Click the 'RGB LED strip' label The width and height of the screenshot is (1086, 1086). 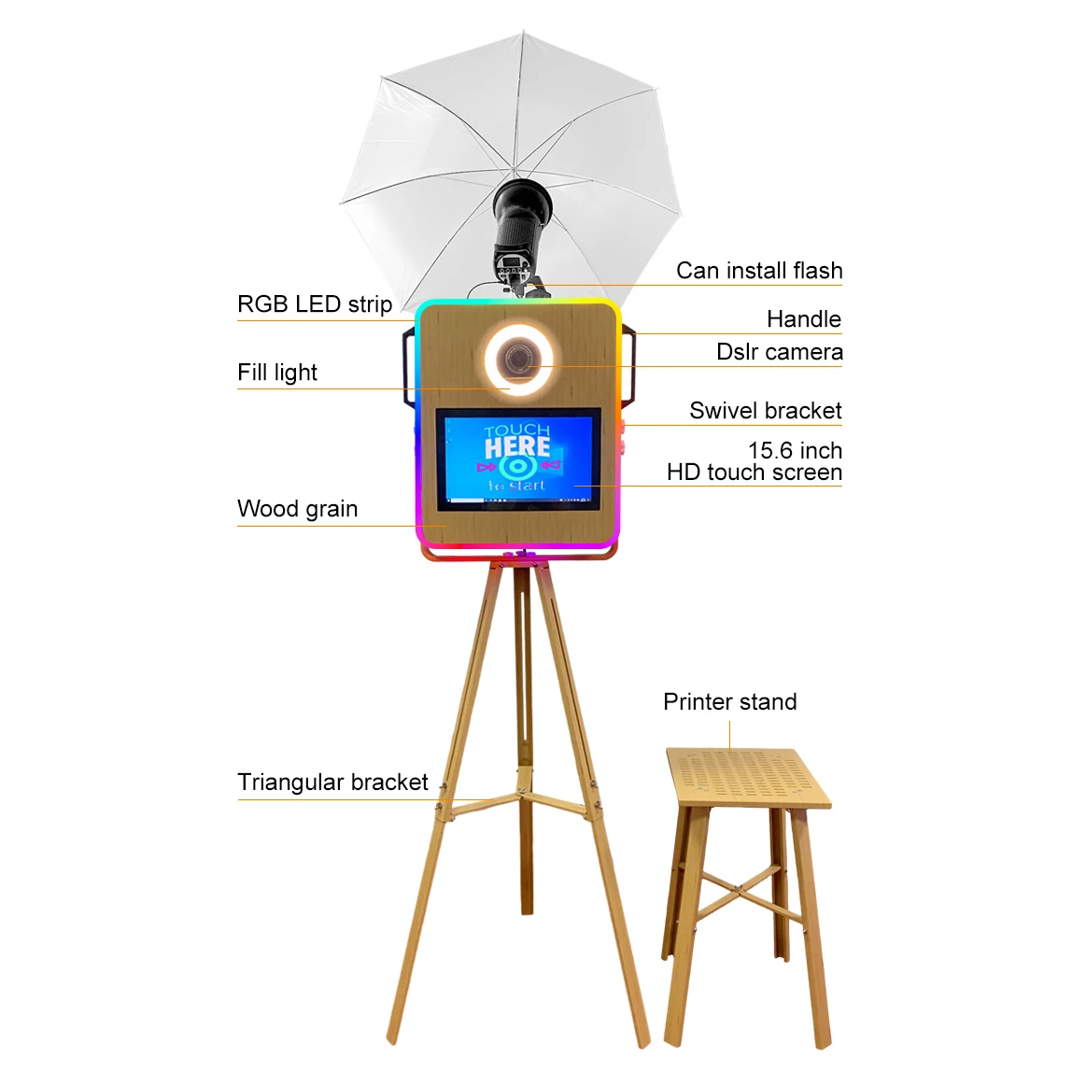(x=315, y=304)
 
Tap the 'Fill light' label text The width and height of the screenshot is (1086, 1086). (x=277, y=373)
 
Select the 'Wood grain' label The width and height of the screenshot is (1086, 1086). (x=297, y=509)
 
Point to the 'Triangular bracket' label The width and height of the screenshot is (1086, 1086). (x=332, y=782)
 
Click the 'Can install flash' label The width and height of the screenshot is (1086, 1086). (x=759, y=270)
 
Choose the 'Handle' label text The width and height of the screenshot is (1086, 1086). (x=803, y=318)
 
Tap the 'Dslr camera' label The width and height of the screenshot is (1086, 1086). (x=779, y=352)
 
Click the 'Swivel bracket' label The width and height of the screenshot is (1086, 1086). (x=766, y=411)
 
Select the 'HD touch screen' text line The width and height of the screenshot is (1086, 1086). (x=755, y=472)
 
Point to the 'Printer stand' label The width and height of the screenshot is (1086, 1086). (x=730, y=701)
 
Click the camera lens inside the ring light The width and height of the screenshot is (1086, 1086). (x=518, y=360)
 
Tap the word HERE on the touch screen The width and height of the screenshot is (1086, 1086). (x=517, y=447)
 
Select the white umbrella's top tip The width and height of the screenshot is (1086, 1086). (x=523, y=31)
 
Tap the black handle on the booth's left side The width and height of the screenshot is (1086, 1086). (x=409, y=367)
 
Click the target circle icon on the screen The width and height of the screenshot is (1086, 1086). (x=516, y=468)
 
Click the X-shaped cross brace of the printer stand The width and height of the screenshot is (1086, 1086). (x=739, y=888)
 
